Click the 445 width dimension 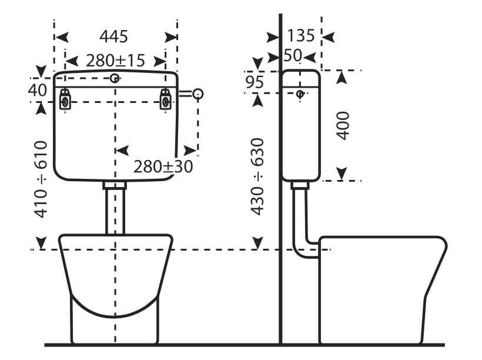click(x=113, y=36)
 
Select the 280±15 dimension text click(x=115, y=61)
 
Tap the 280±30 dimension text click(x=163, y=166)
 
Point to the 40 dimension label click(x=37, y=90)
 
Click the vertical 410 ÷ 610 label click(x=41, y=179)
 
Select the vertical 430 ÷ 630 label click(x=257, y=176)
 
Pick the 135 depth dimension click(x=300, y=35)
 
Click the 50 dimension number click(x=293, y=55)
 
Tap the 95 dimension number click(x=255, y=82)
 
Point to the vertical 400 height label click(x=343, y=125)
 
